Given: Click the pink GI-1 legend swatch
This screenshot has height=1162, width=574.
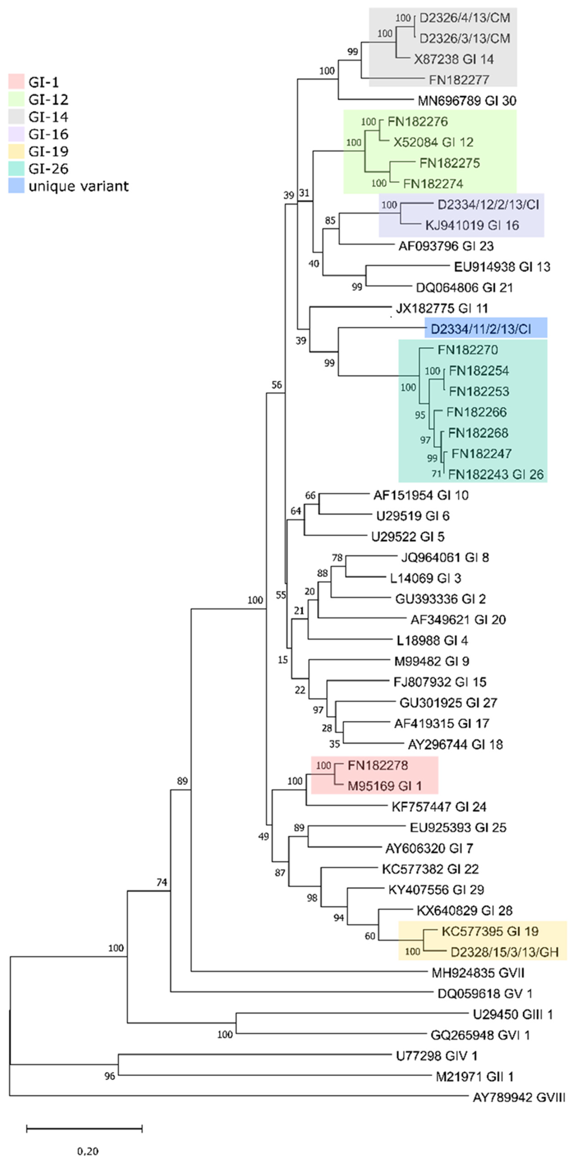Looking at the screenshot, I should (x=16, y=82).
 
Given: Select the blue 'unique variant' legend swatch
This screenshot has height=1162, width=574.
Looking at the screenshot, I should (x=16, y=186).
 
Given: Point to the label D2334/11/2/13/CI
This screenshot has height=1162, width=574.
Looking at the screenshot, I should (x=481, y=329).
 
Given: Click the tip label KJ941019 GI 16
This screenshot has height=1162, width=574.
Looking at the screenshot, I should (x=472, y=225).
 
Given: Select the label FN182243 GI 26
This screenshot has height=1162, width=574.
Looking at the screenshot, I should (x=495, y=474).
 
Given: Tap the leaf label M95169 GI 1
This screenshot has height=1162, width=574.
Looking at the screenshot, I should (x=384, y=786).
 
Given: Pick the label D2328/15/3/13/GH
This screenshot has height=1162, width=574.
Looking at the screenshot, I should (x=504, y=952).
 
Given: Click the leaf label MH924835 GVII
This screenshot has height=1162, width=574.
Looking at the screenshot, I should (x=478, y=973).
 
